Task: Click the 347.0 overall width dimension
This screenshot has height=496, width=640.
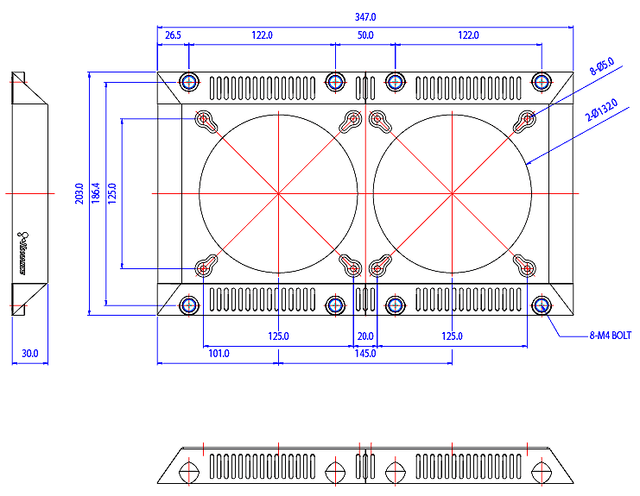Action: coord(365,17)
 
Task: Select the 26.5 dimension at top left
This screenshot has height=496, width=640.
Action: coord(173,35)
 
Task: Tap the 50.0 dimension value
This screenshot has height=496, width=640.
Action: coord(365,35)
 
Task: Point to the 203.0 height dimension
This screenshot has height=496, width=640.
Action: coord(79,194)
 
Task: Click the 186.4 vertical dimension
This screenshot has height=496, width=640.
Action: coord(95,194)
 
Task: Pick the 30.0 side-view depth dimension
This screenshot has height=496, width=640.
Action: coord(29,354)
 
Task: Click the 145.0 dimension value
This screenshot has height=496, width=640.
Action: coord(365,354)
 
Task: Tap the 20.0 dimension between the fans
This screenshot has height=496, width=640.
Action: coord(365,336)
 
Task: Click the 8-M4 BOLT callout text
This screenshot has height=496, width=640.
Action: coord(611,336)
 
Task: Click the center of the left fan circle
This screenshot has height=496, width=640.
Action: coord(278,194)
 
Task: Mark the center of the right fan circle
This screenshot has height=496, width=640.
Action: coord(452,194)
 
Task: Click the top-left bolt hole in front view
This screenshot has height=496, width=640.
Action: coord(190,82)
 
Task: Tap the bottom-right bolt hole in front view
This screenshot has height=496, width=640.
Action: coord(542,305)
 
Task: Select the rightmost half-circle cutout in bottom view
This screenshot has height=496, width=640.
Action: coord(542,472)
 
